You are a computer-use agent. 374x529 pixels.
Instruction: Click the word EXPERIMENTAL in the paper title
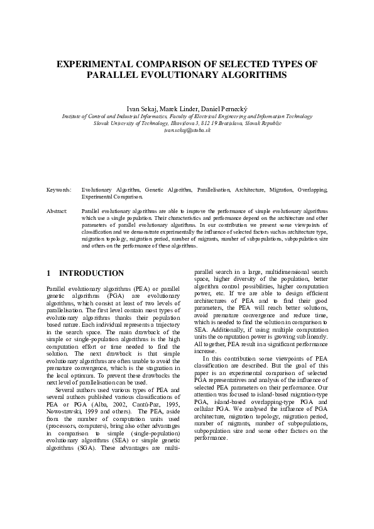93,65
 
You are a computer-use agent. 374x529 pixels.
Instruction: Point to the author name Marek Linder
180,109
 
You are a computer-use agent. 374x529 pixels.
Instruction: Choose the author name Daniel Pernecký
225,109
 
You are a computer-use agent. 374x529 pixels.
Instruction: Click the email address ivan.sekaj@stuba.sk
187,130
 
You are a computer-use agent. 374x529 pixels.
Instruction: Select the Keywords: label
59,189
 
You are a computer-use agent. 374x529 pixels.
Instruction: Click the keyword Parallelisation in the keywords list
214,189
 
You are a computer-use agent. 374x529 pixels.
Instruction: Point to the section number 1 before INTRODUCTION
49,273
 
